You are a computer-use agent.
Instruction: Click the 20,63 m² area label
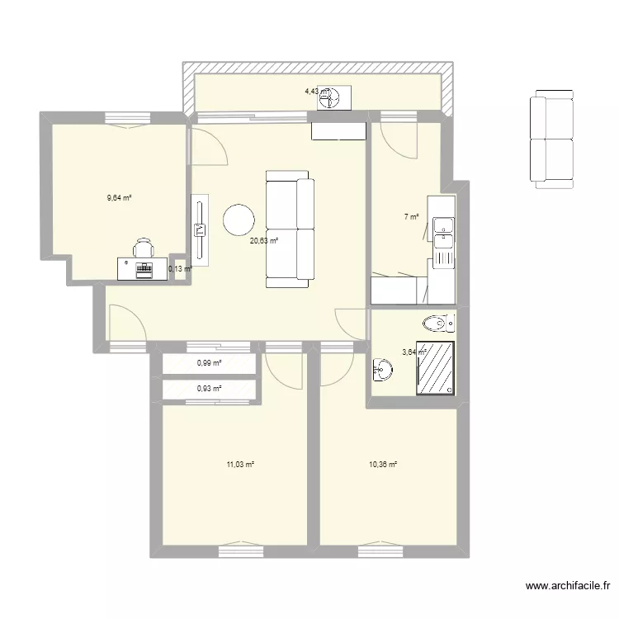[264, 241]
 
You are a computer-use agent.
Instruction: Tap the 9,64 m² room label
[120, 197]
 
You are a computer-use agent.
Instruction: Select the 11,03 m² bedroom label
[240, 465]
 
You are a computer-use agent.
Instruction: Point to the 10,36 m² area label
[384, 465]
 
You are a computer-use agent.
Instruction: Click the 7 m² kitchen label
[410, 217]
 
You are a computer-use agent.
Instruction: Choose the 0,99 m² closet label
[209, 363]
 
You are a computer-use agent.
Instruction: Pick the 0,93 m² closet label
[209, 389]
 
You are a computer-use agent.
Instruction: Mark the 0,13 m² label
[179, 268]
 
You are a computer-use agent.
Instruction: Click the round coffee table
[239, 220]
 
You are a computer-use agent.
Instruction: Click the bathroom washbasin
[382, 368]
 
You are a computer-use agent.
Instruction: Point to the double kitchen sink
[442, 231]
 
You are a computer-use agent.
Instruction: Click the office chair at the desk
[144, 247]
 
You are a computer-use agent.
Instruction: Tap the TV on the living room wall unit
[199, 230]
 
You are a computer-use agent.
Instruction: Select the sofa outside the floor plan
[550, 139]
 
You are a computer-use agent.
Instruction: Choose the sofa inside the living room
[290, 229]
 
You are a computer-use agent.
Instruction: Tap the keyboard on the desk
[145, 267]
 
